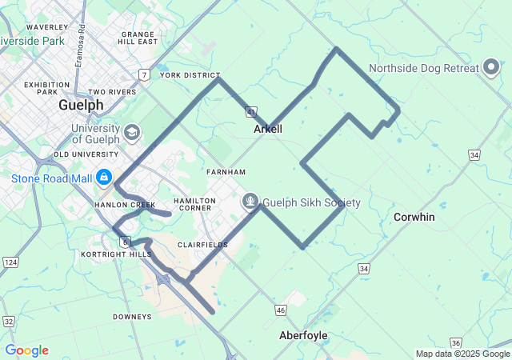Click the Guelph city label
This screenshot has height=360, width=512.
click(81, 105)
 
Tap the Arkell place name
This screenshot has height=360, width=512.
click(268, 129)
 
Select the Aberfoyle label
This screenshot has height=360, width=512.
click(303, 335)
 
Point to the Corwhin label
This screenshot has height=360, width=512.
click(414, 217)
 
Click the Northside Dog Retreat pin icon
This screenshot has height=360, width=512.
click(492, 68)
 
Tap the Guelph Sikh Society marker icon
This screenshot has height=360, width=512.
click(250, 202)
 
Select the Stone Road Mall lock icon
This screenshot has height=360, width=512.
click(104, 177)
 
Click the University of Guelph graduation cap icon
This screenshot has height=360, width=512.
click(131, 131)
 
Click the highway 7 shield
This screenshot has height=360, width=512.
click(143, 74)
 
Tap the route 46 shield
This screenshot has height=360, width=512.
click(280, 309)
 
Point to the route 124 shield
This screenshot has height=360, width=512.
click(10, 262)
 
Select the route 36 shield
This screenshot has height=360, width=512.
click(456, 342)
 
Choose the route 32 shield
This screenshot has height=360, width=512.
click(9, 321)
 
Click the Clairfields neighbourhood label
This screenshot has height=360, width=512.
click(198, 245)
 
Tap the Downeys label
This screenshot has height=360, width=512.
click(132, 317)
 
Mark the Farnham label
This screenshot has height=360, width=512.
click(226, 172)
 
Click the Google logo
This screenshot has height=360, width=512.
click(26, 350)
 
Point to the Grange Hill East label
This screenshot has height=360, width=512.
click(138, 38)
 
